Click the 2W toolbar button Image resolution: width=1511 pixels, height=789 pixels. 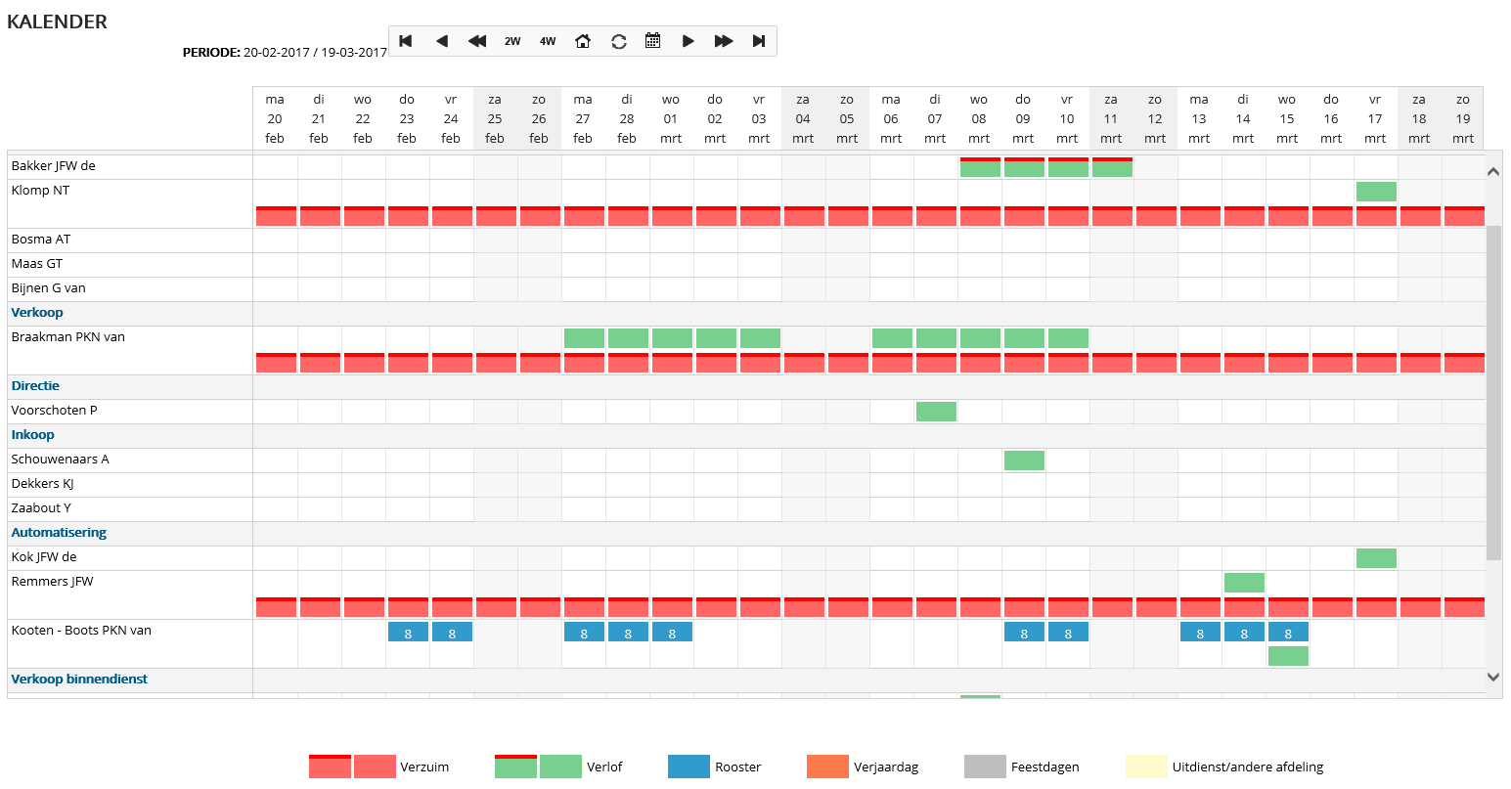(x=512, y=41)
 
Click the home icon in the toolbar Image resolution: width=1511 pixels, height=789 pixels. (x=583, y=41)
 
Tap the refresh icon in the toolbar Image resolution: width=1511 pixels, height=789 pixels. (x=619, y=41)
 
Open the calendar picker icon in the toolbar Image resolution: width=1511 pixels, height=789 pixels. (x=653, y=41)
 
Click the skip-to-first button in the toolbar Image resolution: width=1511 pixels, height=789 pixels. (x=406, y=41)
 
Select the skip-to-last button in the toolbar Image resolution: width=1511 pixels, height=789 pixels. (x=759, y=41)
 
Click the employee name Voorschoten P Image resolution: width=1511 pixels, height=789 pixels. (x=55, y=411)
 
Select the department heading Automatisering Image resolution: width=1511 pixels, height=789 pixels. (x=59, y=533)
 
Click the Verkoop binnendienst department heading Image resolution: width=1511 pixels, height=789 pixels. (x=79, y=679)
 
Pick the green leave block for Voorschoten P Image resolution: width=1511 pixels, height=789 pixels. (x=936, y=412)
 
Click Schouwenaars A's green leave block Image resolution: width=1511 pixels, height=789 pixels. (x=1024, y=460)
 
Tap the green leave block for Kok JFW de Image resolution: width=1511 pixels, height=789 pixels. (x=1376, y=558)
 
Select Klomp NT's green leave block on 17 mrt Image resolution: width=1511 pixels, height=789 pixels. (x=1376, y=192)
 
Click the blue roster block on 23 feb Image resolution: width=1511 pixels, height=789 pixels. (x=408, y=633)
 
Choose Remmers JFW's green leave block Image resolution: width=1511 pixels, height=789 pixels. (x=1244, y=583)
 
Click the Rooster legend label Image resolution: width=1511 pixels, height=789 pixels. (x=737, y=767)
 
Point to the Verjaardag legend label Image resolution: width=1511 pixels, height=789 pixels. (x=886, y=767)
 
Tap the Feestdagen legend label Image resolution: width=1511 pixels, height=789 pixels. (x=1044, y=767)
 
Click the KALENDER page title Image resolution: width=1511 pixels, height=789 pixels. (x=58, y=22)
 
